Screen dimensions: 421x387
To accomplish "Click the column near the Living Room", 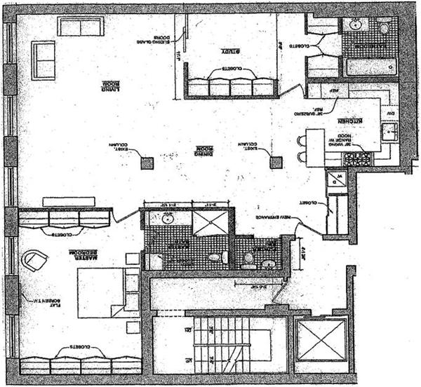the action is pos(147,163).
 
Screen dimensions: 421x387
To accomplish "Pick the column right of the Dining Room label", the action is pos(276,163).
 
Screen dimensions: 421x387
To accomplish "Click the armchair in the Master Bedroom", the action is pos(34,262).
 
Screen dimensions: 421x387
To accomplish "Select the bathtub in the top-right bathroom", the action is pos(370,67).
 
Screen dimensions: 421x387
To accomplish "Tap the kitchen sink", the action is pos(389,130).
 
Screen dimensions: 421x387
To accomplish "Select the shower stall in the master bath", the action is pos(210,223).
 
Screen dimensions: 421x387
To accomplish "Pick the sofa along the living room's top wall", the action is pos(81,27).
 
